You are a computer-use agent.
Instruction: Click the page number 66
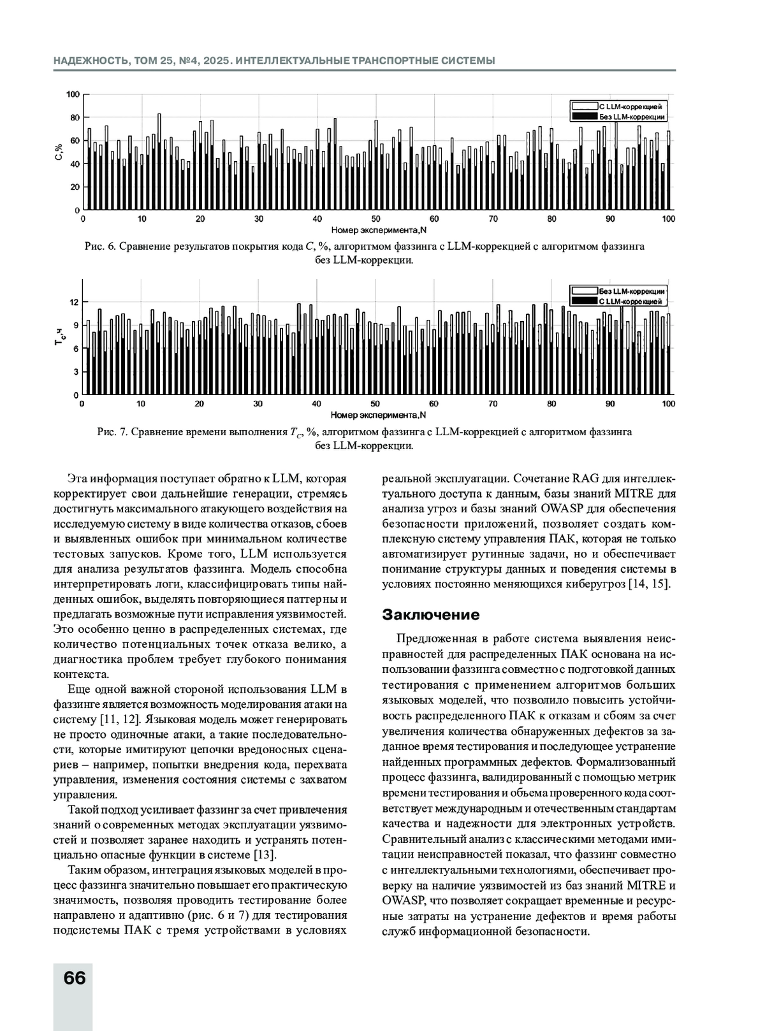click(75, 977)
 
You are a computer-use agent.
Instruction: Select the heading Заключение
click(430, 615)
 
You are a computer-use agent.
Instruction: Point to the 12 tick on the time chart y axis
click(75, 302)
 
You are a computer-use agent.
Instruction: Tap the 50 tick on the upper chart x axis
click(376, 219)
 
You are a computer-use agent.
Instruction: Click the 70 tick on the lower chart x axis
click(493, 403)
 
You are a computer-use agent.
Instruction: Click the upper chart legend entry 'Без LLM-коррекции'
click(632, 117)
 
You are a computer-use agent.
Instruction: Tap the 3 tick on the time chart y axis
click(76, 371)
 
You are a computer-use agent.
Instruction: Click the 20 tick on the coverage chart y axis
click(75, 187)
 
